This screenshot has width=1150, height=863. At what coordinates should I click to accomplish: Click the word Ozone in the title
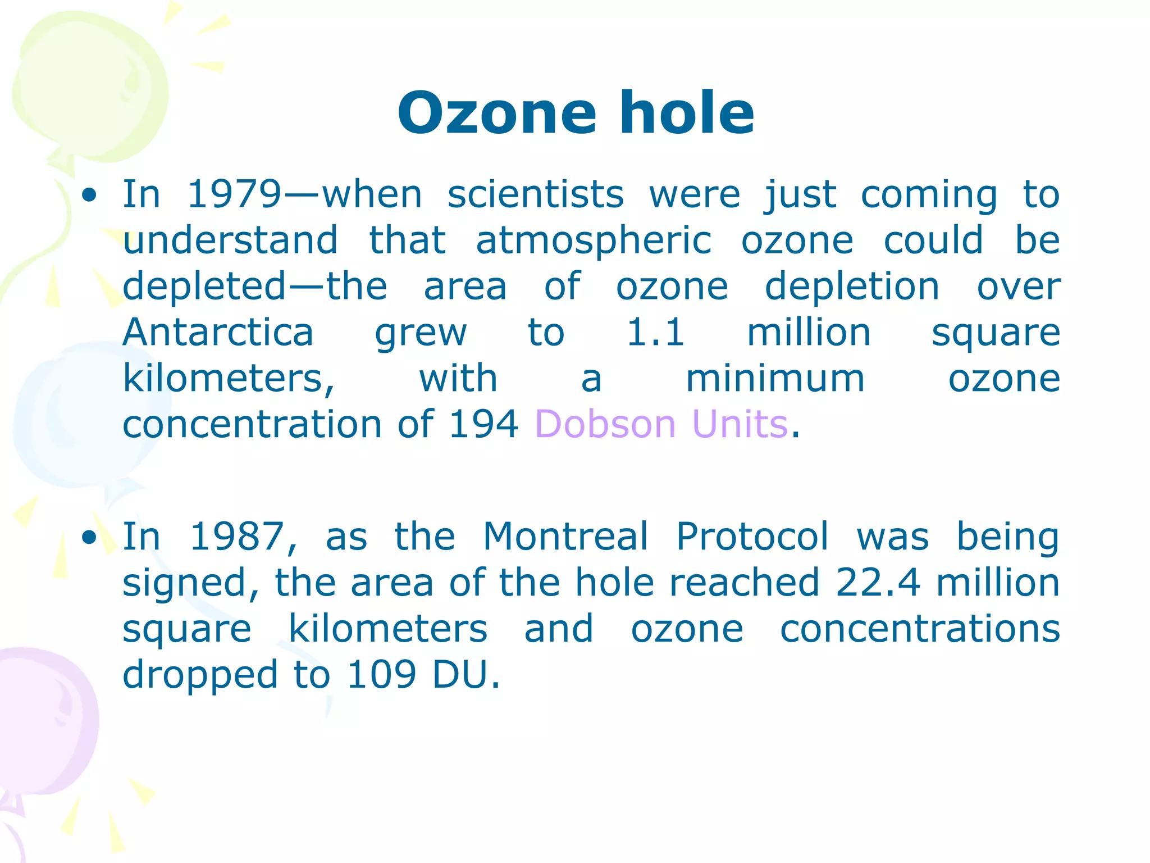click(x=496, y=113)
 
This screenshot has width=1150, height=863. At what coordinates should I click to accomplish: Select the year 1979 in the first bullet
click(x=233, y=194)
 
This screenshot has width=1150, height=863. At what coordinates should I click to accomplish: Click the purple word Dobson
click(x=605, y=424)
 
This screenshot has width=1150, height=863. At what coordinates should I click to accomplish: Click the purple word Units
click(x=740, y=424)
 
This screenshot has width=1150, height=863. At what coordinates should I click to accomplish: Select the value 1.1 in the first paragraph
click(x=655, y=332)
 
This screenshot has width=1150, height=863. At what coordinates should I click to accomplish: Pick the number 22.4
click(x=878, y=583)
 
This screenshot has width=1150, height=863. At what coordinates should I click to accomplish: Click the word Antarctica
click(x=218, y=332)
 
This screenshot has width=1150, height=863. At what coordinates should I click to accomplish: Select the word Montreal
click(x=565, y=537)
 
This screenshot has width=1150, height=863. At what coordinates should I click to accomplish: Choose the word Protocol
click(x=752, y=537)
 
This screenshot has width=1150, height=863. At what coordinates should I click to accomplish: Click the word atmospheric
click(x=594, y=240)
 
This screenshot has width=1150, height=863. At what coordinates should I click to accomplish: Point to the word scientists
click(x=535, y=194)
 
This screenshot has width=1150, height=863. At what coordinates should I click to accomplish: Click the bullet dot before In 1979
click(x=89, y=196)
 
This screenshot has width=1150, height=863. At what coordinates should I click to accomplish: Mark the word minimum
click(x=775, y=378)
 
